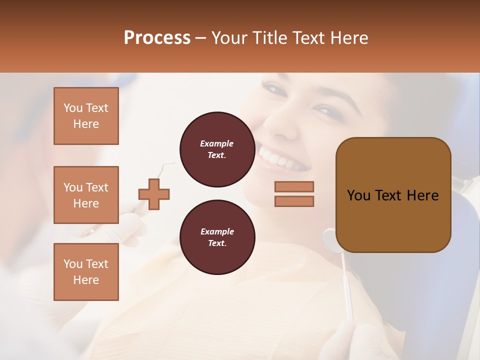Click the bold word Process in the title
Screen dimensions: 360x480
click(x=157, y=38)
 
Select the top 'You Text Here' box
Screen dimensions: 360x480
click(x=86, y=116)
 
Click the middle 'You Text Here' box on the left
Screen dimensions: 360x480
click(x=86, y=195)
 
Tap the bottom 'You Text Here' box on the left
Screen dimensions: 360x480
click(x=86, y=272)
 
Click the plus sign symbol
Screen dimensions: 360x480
click(x=154, y=193)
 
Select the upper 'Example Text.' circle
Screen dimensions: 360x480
click(x=217, y=149)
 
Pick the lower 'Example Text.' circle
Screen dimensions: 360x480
click(x=217, y=237)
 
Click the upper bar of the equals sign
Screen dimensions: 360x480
click(x=294, y=186)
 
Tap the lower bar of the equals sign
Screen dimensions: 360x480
click(x=294, y=201)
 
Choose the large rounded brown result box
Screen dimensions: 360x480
click(x=393, y=195)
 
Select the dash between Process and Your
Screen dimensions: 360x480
click(x=200, y=38)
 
